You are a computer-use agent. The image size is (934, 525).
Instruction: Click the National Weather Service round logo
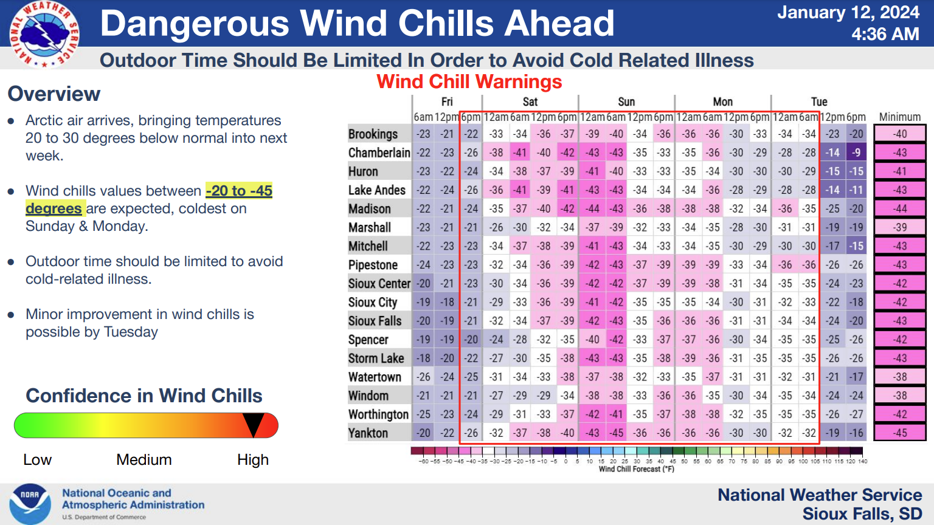click(x=44, y=34)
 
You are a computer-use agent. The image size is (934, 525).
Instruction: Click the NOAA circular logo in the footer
click(x=30, y=504)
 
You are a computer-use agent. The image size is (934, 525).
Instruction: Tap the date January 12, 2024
click(x=848, y=13)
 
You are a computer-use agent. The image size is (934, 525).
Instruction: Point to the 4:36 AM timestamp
click(x=885, y=34)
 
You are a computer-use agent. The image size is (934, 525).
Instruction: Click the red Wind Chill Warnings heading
click(x=469, y=81)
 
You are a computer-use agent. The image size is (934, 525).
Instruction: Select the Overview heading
click(x=54, y=94)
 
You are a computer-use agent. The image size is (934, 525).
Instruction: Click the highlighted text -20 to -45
click(x=239, y=191)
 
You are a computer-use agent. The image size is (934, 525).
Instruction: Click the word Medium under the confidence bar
click(x=144, y=459)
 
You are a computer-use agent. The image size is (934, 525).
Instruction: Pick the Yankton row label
click(x=368, y=433)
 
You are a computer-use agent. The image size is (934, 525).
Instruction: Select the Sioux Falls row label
click(x=375, y=321)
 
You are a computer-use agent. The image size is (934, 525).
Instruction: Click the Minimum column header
click(x=900, y=117)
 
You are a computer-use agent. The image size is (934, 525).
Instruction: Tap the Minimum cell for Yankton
click(x=900, y=433)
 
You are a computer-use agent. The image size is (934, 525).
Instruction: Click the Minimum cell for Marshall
click(x=900, y=227)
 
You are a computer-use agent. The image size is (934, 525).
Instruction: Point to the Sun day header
click(x=626, y=101)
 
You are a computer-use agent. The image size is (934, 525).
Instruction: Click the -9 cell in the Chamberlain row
click(x=856, y=153)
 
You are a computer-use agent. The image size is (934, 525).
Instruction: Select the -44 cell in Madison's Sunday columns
click(x=592, y=209)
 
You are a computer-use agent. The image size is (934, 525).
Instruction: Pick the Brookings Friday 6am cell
click(x=423, y=134)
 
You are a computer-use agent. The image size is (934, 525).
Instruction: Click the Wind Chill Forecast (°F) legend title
click(x=636, y=469)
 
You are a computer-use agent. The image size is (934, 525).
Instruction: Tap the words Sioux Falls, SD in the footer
click(x=862, y=513)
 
